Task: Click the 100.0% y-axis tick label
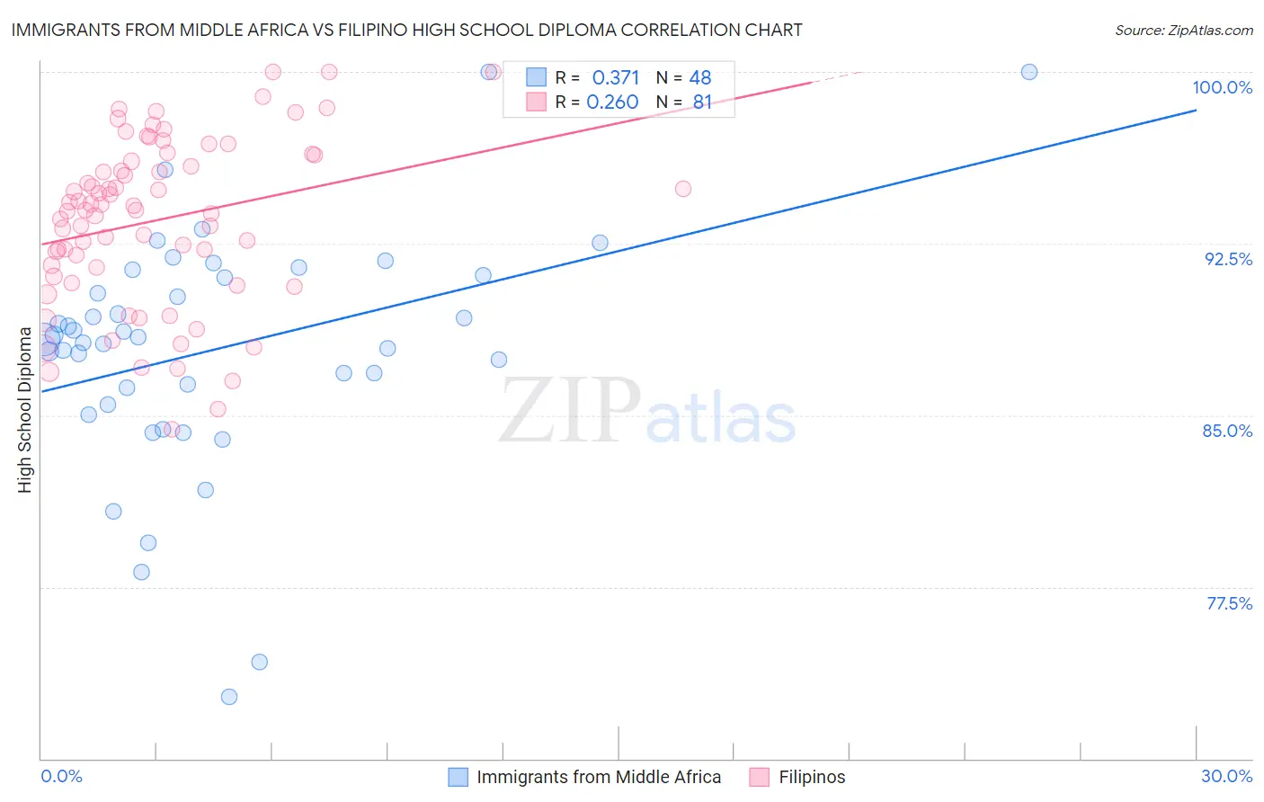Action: click(x=1222, y=87)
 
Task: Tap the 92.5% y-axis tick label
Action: click(x=1228, y=259)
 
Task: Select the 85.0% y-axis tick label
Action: click(x=1227, y=431)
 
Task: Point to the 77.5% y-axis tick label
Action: click(x=1229, y=603)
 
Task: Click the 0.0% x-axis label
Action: click(x=61, y=776)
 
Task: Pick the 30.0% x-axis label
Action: click(x=1226, y=776)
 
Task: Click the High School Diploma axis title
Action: click(x=25, y=410)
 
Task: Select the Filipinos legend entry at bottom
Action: click(x=811, y=777)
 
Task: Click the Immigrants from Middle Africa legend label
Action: click(x=599, y=777)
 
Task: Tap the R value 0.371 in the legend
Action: click(x=616, y=77)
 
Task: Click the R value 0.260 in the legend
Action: click(x=612, y=102)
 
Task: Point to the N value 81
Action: click(x=702, y=102)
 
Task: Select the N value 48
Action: click(x=700, y=77)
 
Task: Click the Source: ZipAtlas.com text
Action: click(x=1183, y=30)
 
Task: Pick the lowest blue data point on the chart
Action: click(x=229, y=697)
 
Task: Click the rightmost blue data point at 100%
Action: click(x=1029, y=72)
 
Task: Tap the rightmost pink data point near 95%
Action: click(x=683, y=189)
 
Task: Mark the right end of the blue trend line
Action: click(x=1196, y=110)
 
